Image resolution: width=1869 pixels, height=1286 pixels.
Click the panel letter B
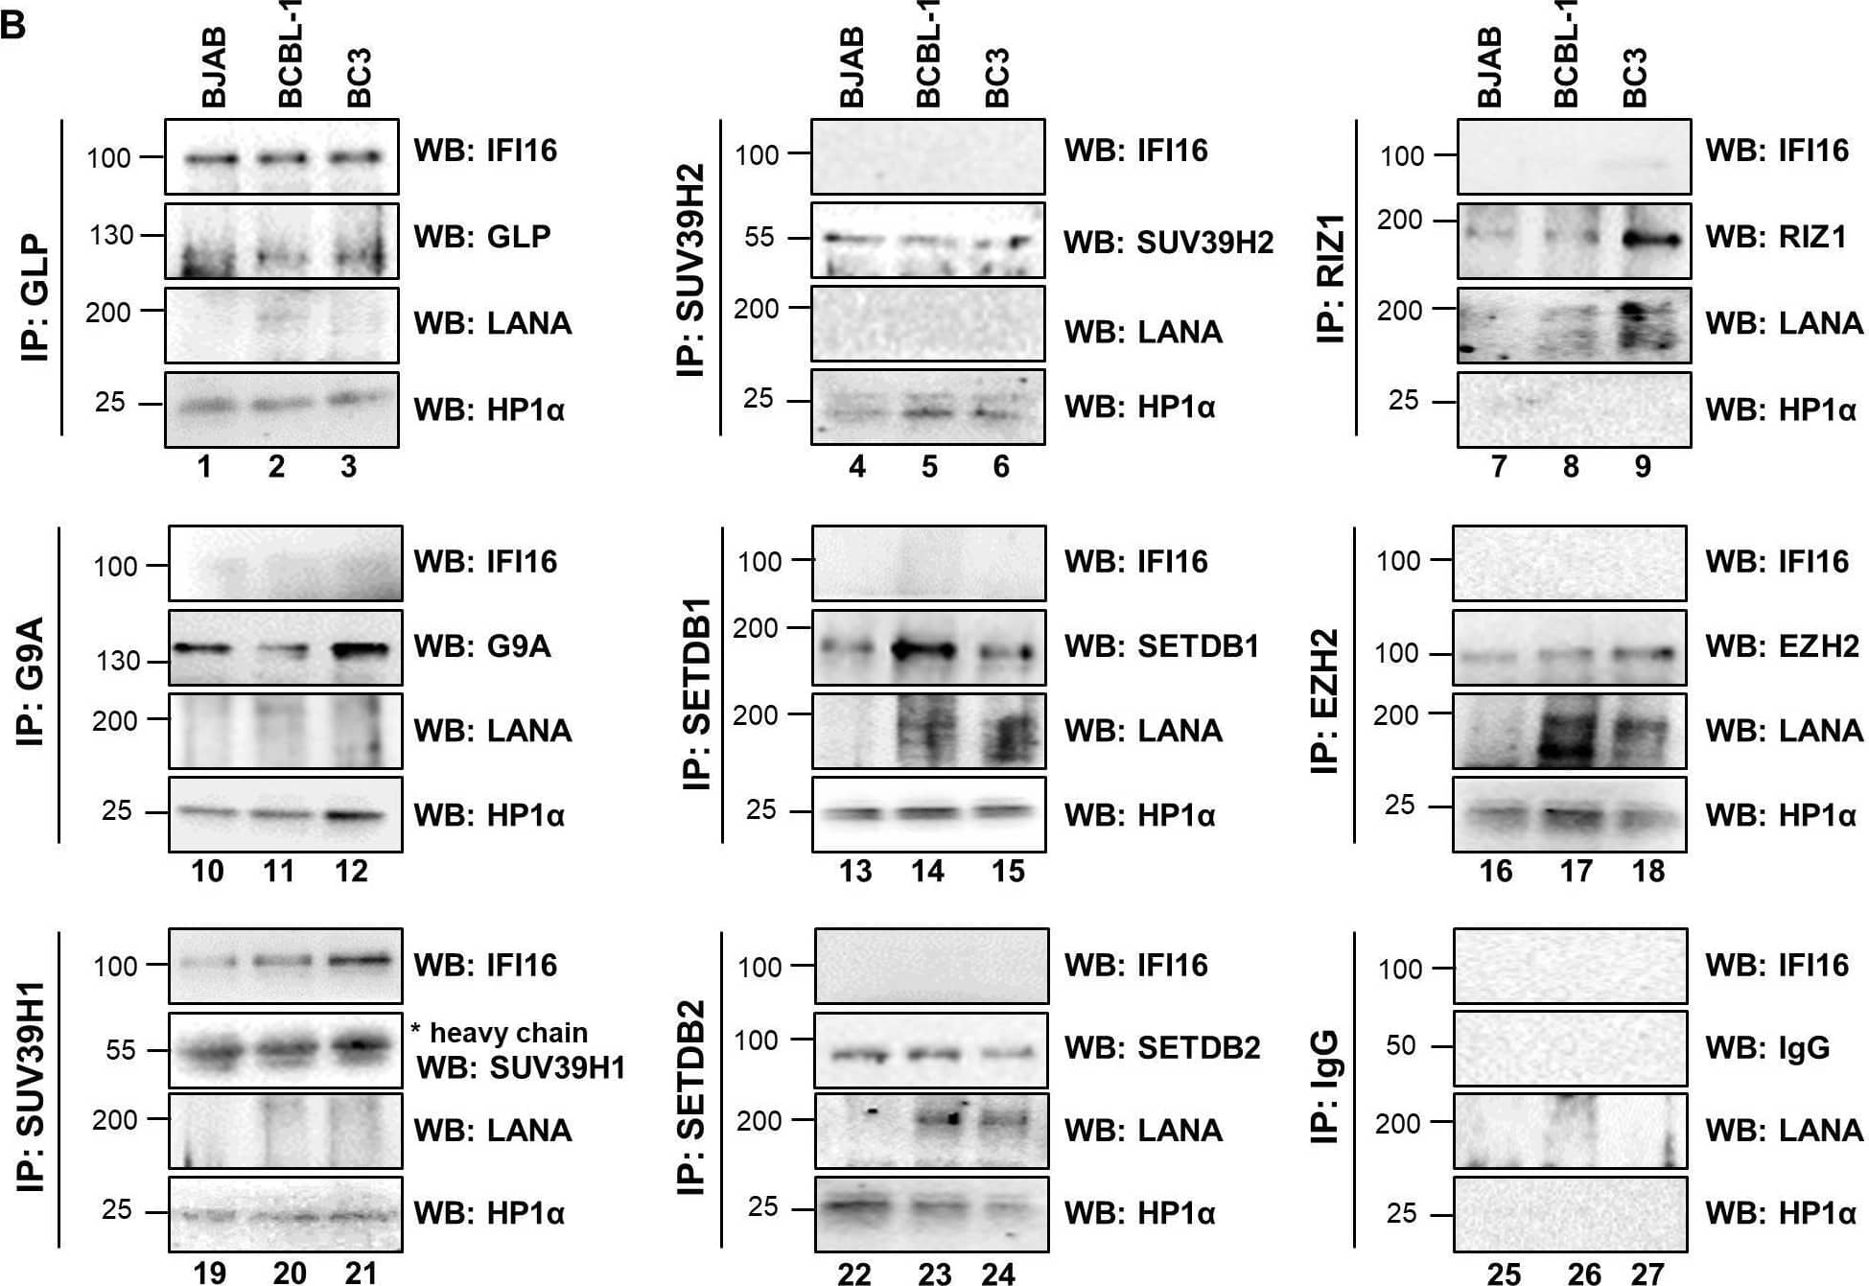(x=13, y=24)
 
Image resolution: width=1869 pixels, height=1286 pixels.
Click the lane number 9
(x=1642, y=467)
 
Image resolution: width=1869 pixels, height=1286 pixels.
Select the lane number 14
(x=927, y=871)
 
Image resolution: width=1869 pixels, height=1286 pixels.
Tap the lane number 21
(x=361, y=1273)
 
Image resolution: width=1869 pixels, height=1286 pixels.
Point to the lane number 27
(x=1647, y=1274)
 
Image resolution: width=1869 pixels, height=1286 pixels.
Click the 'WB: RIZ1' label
(x=1775, y=237)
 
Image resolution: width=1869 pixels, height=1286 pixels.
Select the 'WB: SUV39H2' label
(x=1168, y=243)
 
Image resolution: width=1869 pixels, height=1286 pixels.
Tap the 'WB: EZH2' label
(x=1782, y=646)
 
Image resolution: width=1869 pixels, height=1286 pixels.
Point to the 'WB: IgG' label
(x=1766, y=1047)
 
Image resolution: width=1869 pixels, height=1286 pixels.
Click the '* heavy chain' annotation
(x=499, y=1033)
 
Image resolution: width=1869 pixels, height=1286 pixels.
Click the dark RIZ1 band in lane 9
(x=1651, y=239)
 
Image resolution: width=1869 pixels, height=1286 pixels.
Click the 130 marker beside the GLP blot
(x=111, y=235)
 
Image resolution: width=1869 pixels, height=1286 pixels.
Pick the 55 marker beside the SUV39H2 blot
(x=759, y=237)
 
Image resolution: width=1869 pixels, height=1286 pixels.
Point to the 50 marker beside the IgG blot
(x=1400, y=1045)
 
